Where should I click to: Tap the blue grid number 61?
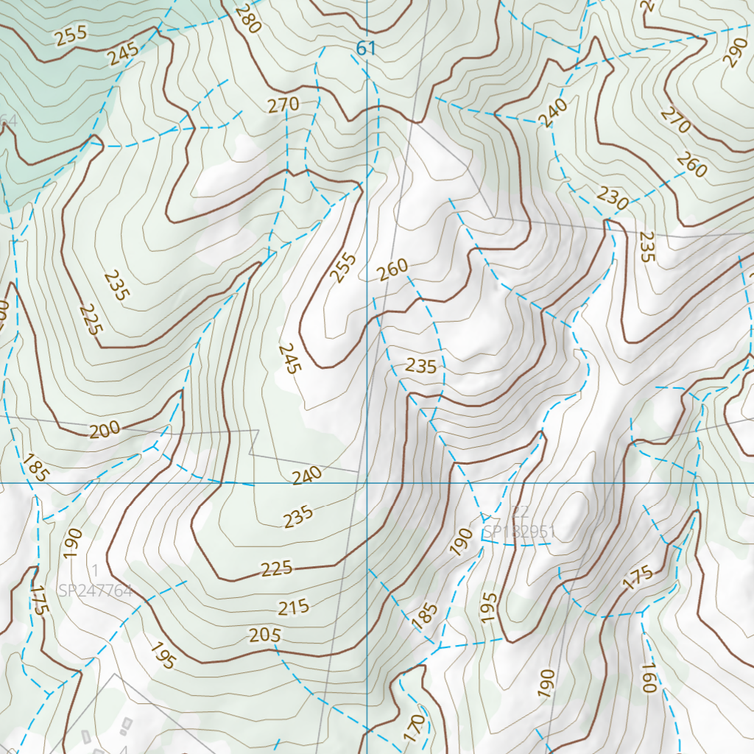pos(366,49)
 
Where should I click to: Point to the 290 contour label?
pos(734,52)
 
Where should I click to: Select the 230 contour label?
pos(613,199)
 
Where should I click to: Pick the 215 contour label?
pos(293,608)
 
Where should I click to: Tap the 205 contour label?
pos(265,634)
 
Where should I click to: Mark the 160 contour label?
pos(648,678)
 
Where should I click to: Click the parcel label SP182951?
pos(518,532)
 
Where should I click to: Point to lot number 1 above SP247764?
pos(95,570)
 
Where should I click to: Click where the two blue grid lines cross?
pos(366,483)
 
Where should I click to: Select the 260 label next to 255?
pos(392,270)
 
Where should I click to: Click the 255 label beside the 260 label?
pos(343,268)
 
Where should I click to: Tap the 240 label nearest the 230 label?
pos(553,113)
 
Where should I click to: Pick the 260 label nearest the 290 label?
pos(692,166)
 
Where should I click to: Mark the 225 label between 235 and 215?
pos(276,568)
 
